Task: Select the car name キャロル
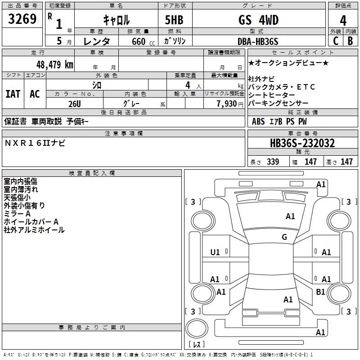pos(116,20)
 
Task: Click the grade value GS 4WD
pos(258,20)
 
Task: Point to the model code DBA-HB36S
pos(258,41)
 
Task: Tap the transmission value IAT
pos(13,94)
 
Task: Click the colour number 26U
pos(74,103)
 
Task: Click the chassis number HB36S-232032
pos(302,143)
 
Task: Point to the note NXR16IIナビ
pos(35,143)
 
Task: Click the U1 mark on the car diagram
pos(215,252)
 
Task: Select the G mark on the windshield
pos(284,237)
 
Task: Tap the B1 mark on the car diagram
pos(320,292)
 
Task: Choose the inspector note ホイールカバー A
pos(31,222)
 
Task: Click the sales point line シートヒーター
pos(272,95)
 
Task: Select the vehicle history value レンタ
pos(97,41)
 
